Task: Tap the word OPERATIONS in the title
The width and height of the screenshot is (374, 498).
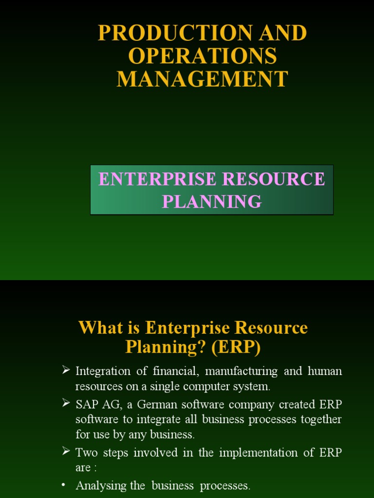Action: (x=203, y=56)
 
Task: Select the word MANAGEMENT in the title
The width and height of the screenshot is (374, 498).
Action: (x=203, y=79)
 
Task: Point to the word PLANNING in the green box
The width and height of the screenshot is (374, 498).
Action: (x=212, y=201)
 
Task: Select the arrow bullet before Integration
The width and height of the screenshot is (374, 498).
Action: (x=66, y=371)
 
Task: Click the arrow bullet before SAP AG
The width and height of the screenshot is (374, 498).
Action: (x=66, y=403)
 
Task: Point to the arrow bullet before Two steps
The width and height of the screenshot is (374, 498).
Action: (x=66, y=452)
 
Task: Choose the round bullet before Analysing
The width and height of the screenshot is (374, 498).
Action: (x=64, y=485)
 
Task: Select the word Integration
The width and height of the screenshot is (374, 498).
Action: (x=103, y=372)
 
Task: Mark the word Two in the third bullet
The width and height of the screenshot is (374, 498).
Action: (x=86, y=453)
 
